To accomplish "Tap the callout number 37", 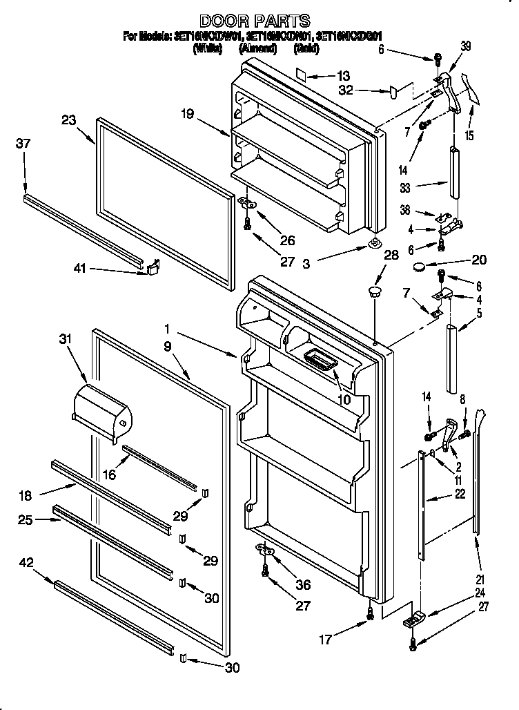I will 23,143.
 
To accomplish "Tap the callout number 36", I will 302,585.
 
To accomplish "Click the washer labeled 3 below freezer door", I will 373,242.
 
